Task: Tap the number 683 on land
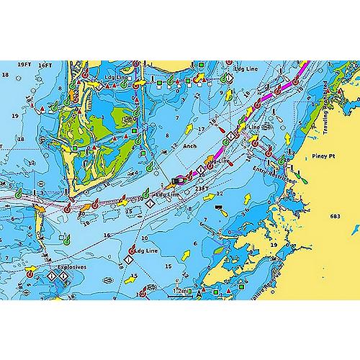click(x=334, y=217)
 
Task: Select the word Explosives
click(x=71, y=266)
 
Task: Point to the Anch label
click(x=189, y=144)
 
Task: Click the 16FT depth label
click(x=45, y=65)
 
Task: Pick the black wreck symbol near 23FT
click(x=219, y=207)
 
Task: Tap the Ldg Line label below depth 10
click(x=147, y=251)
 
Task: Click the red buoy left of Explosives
click(x=31, y=273)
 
